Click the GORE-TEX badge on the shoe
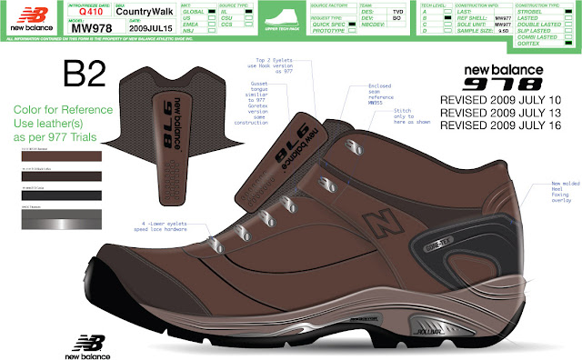click(x=414, y=233)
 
